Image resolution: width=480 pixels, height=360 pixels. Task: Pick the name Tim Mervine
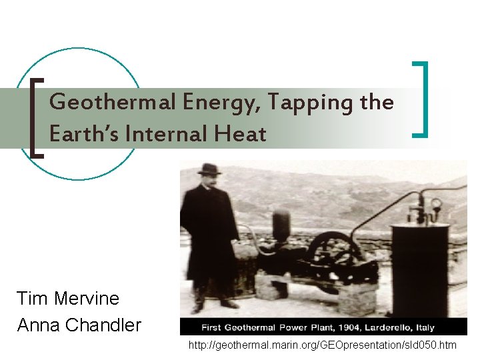tap(68, 298)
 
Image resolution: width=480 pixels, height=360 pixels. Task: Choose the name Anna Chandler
tap(79, 325)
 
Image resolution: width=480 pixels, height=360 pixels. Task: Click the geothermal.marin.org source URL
tap(322, 345)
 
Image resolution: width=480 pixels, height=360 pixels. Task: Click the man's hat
tap(209, 169)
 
